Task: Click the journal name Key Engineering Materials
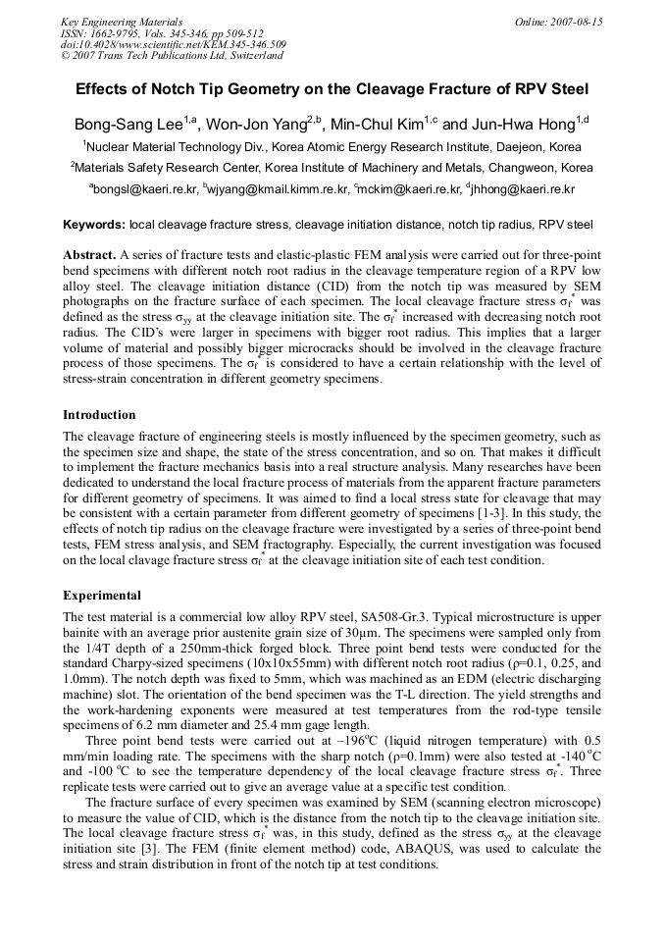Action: (x=121, y=22)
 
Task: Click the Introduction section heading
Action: (x=99, y=415)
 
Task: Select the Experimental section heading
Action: (x=102, y=596)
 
